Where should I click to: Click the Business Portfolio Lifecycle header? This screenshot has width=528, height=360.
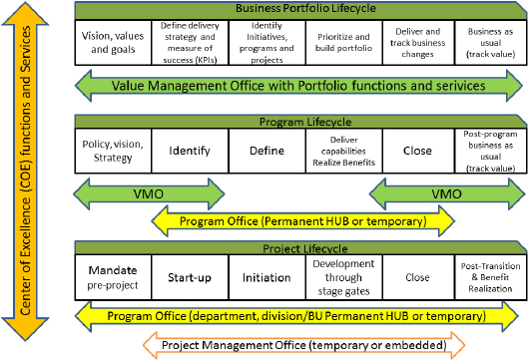tap(299, 9)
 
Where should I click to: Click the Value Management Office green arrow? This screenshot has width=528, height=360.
tap(299, 86)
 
